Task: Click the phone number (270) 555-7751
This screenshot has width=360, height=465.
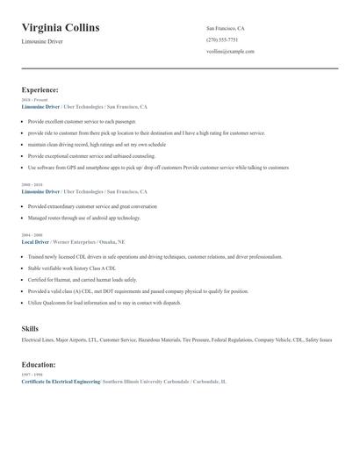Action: tap(222, 39)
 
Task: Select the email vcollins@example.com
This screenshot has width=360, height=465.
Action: tap(230, 51)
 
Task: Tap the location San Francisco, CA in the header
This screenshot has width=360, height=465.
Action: tap(226, 28)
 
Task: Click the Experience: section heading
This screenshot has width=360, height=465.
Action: tap(40, 89)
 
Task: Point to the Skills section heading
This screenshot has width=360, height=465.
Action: tap(30, 328)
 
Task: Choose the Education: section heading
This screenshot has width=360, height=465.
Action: tap(40, 364)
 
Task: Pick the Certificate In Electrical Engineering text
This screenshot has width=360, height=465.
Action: tap(61, 382)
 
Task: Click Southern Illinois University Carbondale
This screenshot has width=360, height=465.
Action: tap(147, 382)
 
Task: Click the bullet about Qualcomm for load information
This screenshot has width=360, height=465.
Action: tap(104, 303)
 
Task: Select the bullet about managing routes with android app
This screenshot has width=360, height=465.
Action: tap(83, 218)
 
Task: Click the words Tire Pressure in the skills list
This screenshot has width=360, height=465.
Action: tap(198, 340)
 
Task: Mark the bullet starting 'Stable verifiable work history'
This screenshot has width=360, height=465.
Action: tap(71, 268)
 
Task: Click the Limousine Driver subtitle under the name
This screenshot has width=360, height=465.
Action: tap(43, 42)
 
